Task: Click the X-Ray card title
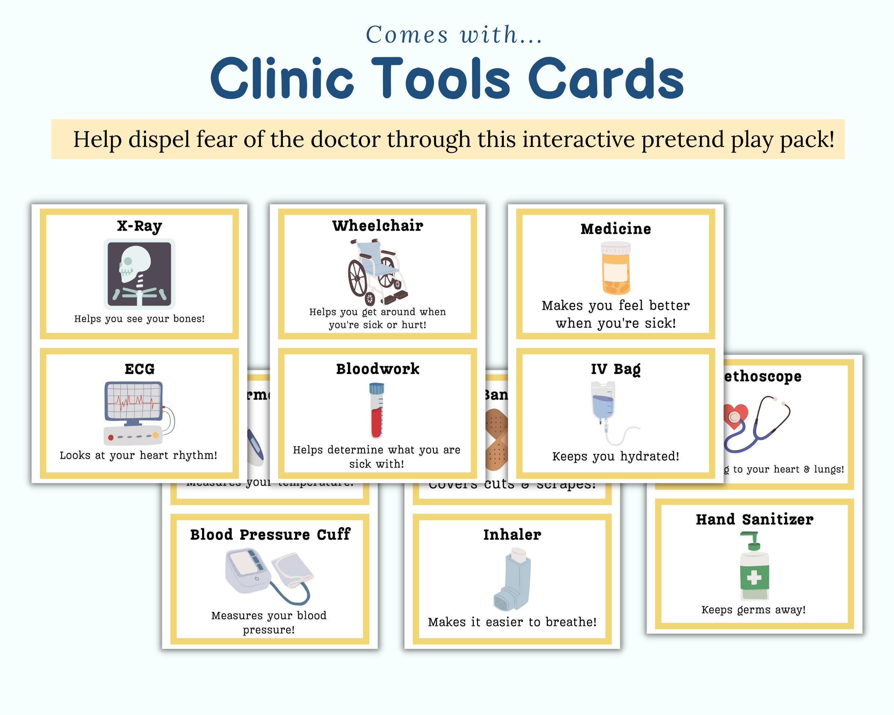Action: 139,226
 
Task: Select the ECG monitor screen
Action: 133,401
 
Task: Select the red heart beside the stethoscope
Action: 735,416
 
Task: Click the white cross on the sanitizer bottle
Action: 754,577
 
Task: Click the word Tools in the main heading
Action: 440,79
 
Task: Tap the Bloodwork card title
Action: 377,369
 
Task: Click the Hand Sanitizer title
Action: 754,519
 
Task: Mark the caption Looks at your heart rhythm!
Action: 138,455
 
